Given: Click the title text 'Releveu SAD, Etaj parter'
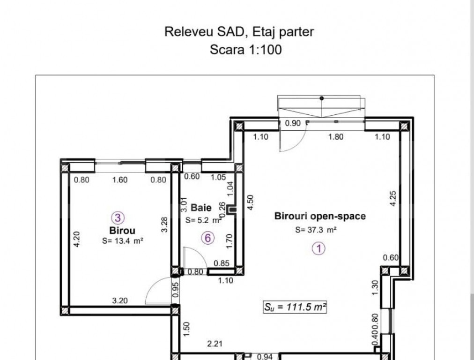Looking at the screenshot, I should click(x=239, y=32).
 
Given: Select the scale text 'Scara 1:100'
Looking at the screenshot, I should click(x=245, y=50).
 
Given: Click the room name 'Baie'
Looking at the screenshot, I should click(x=201, y=207).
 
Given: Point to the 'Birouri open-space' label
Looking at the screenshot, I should click(x=319, y=216).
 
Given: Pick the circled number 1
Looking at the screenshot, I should click(x=318, y=248).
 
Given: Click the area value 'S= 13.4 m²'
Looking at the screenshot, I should click(x=122, y=241).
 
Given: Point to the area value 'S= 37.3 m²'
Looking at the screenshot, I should click(x=316, y=230).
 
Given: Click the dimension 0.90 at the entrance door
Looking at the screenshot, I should click(x=293, y=124).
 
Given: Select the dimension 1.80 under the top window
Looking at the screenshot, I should click(x=336, y=137).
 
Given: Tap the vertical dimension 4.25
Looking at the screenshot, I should click(x=393, y=198).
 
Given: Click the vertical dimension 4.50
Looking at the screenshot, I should click(x=250, y=202).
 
